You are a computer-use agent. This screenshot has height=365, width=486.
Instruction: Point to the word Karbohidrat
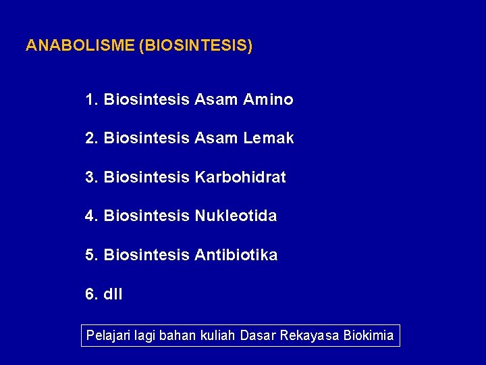pyautogui.click(x=240, y=177)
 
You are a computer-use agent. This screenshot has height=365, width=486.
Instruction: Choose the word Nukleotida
pyautogui.click(x=236, y=216)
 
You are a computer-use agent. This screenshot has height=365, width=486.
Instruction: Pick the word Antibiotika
pyautogui.click(x=236, y=255)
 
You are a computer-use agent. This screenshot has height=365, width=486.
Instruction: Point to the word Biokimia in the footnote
pyautogui.click(x=369, y=335)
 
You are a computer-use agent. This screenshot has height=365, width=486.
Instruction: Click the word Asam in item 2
pyautogui.click(x=216, y=139)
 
